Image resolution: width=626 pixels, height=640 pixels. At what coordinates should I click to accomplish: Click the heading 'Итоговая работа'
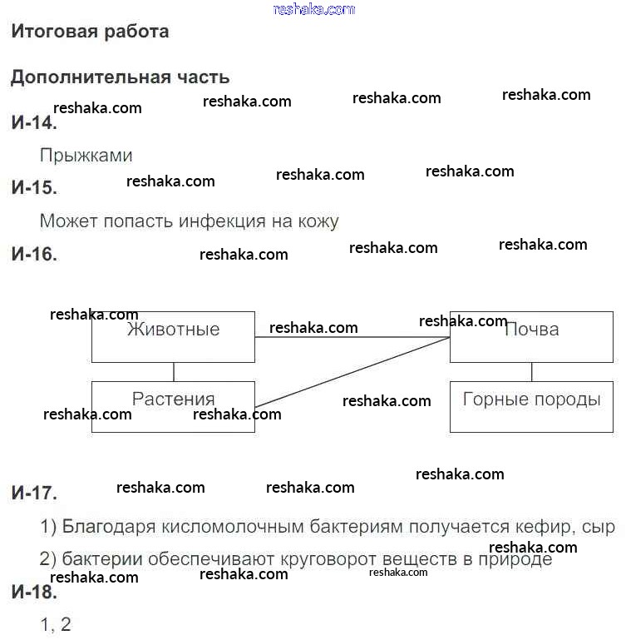click(90, 32)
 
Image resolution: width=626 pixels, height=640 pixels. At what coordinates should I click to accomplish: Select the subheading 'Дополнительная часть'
click(120, 77)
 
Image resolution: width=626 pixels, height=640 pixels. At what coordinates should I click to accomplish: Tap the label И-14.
click(33, 123)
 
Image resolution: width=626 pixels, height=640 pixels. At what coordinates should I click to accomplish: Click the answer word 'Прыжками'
click(86, 156)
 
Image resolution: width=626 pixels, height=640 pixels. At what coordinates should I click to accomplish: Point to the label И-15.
click(34, 188)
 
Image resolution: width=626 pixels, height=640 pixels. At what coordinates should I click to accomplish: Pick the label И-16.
click(34, 255)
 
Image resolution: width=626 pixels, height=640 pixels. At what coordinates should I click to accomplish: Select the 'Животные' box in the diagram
click(173, 337)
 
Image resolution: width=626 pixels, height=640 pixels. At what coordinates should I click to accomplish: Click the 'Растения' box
click(173, 406)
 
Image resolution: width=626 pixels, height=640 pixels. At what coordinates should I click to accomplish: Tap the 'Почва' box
click(531, 337)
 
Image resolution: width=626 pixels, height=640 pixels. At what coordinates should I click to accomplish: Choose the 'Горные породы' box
click(531, 406)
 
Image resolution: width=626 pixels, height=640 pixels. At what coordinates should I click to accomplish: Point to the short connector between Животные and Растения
click(174, 371)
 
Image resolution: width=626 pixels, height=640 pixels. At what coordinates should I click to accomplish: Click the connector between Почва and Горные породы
click(532, 371)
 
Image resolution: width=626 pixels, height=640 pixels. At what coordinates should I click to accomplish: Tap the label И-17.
click(34, 493)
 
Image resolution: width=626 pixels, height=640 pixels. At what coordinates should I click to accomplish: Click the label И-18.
click(34, 593)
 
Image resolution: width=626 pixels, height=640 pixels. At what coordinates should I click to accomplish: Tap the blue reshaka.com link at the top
click(313, 9)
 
